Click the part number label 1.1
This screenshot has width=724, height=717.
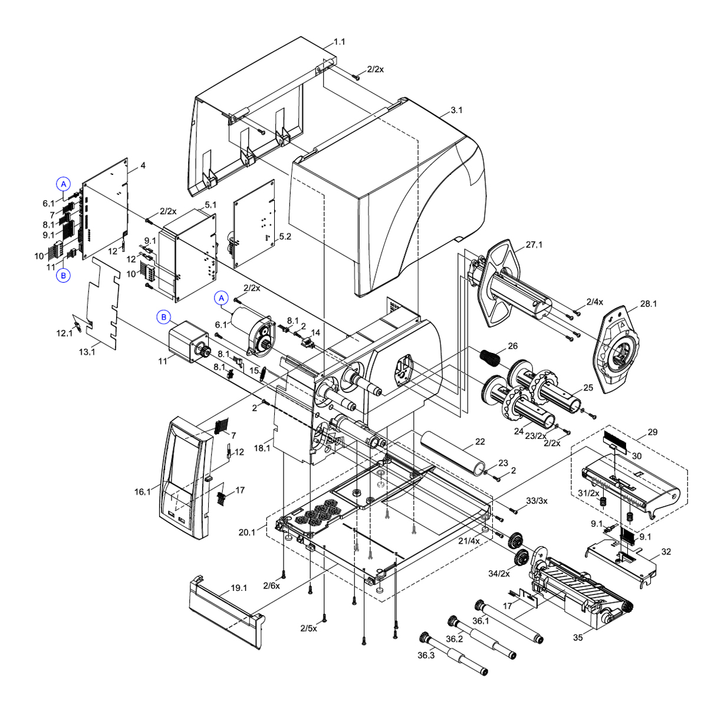pyautogui.click(x=340, y=42)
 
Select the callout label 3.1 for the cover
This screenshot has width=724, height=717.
pyautogui.click(x=456, y=110)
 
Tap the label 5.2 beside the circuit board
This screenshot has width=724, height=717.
pyautogui.click(x=285, y=236)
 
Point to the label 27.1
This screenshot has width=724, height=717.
pyautogui.click(x=534, y=244)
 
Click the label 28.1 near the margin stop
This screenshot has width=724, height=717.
pyautogui.click(x=649, y=304)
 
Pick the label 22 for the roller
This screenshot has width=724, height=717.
pyautogui.click(x=480, y=442)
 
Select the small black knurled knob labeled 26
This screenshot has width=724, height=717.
pyautogui.click(x=489, y=356)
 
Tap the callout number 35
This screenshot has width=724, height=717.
pyautogui.click(x=578, y=637)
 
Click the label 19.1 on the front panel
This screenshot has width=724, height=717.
pyautogui.click(x=239, y=588)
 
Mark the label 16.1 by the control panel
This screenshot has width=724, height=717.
pyautogui.click(x=142, y=491)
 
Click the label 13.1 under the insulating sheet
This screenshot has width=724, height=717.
pyautogui.click(x=87, y=352)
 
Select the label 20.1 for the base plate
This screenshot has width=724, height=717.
pyautogui.click(x=247, y=532)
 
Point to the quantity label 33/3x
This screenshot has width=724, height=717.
pyautogui.click(x=537, y=501)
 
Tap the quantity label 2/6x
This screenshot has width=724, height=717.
pyautogui.click(x=272, y=585)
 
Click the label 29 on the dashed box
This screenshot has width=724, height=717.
pyautogui.click(x=652, y=432)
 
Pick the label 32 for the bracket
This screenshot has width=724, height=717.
pyautogui.click(x=666, y=552)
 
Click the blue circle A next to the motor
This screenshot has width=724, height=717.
pyautogui.click(x=222, y=298)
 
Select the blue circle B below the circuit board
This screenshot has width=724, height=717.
pyautogui.click(x=64, y=275)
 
